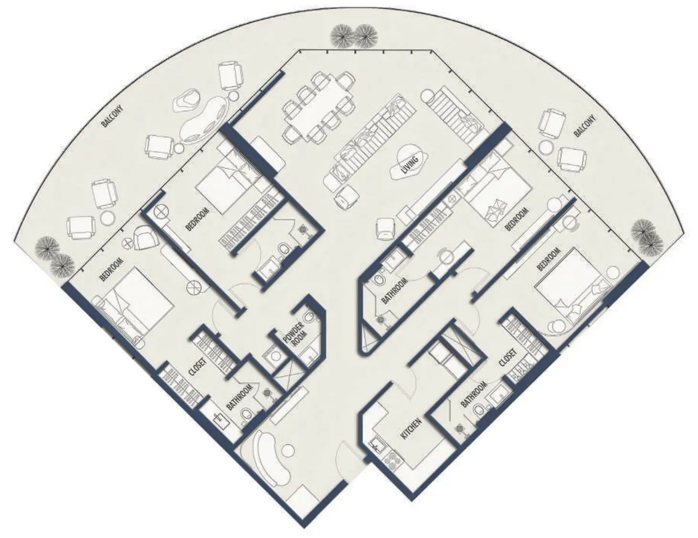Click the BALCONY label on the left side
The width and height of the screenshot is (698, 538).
113,117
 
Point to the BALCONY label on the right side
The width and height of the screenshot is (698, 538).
585,126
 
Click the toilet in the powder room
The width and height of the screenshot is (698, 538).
311,319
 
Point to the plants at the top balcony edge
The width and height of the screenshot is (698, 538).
355,36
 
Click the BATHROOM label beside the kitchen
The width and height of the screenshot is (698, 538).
473,395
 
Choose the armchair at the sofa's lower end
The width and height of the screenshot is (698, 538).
345,196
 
